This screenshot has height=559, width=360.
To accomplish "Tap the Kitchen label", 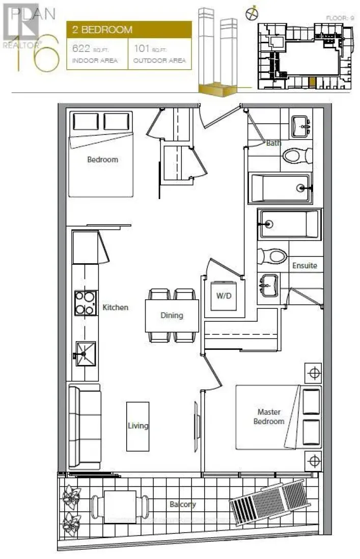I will [116, 308].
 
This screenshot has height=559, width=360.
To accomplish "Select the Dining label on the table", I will [172, 315].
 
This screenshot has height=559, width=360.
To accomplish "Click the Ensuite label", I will [304, 265].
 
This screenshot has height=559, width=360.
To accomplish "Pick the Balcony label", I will [183, 505].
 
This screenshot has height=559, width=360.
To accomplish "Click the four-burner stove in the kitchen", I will [85, 302].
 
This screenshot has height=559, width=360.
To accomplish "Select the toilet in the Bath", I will [296, 155].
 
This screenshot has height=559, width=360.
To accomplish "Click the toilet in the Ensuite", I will [272, 255].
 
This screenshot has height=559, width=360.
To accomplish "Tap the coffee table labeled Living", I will [138, 426].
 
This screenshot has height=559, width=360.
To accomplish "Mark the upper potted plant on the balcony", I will [70, 492].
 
